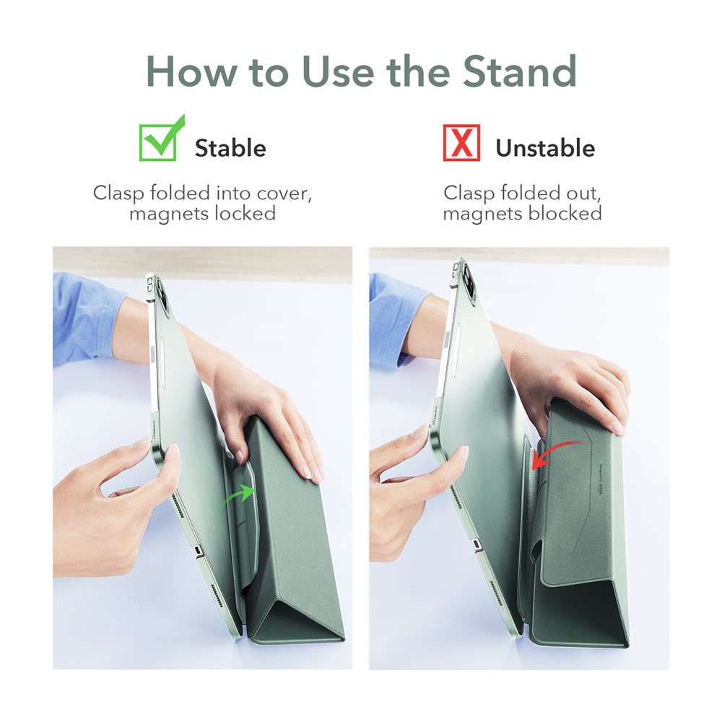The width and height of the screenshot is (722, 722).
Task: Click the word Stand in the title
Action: point(519,71)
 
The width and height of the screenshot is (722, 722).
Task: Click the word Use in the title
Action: point(337,71)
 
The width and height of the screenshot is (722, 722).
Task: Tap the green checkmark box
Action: point(161,138)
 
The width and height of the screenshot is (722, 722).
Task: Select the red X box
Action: point(461,143)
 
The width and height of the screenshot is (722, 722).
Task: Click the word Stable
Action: point(230,148)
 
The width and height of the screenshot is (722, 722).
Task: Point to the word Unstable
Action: point(545,148)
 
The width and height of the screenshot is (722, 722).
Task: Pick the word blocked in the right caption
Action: point(565,214)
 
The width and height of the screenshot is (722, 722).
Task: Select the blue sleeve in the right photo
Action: point(396,318)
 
